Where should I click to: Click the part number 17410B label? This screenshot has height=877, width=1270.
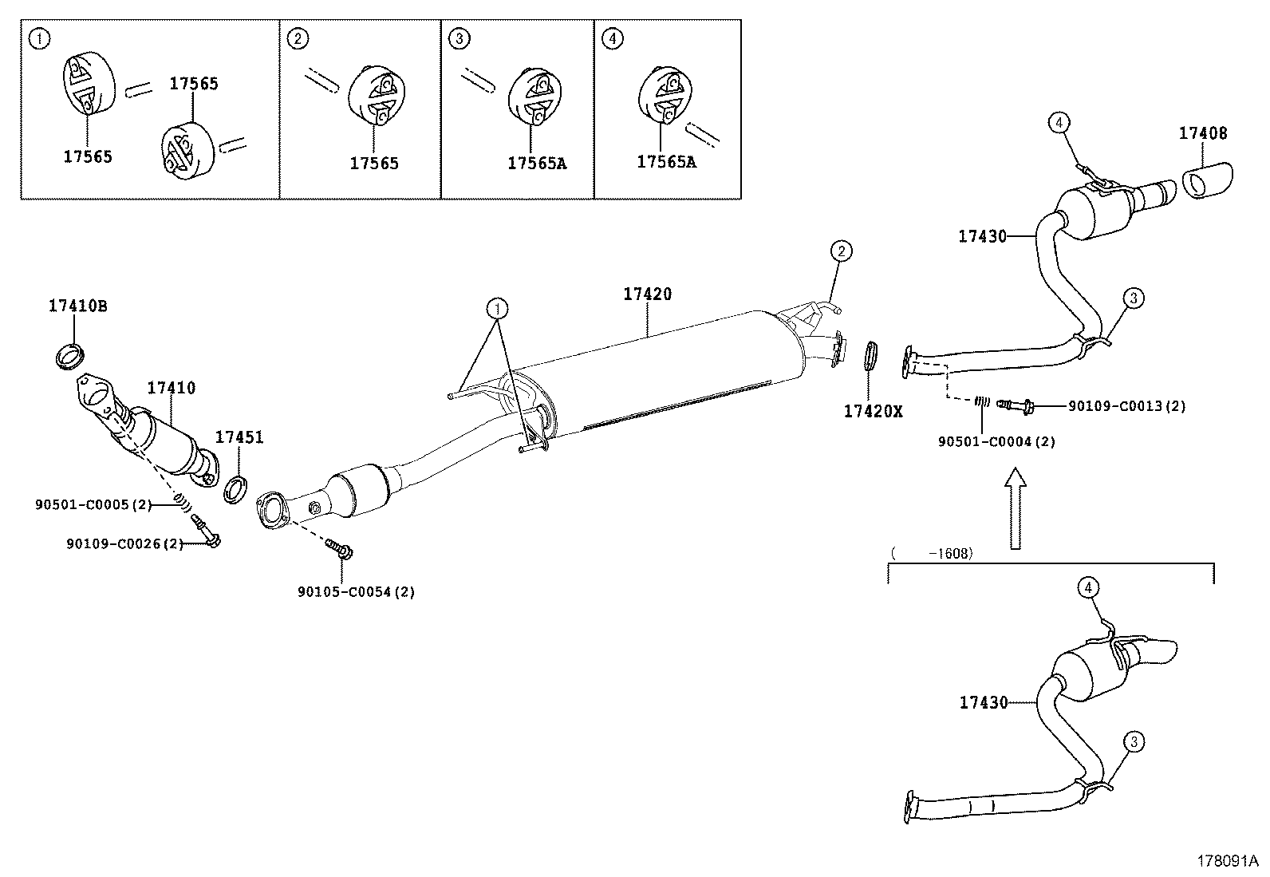(77, 305)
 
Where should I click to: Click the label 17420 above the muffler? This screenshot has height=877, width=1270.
(647, 294)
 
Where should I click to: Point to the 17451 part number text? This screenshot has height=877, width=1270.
(239, 437)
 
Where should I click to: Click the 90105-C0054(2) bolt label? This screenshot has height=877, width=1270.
(356, 591)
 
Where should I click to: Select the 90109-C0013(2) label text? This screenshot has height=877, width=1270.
(1126, 406)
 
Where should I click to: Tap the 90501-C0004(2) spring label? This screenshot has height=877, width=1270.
(996, 441)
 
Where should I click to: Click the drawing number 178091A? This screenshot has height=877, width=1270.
(1226, 861)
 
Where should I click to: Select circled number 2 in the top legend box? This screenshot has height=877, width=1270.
(298, 38)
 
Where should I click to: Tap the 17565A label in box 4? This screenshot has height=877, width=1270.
(666, 162)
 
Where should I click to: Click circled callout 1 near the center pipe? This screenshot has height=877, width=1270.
(497, 308)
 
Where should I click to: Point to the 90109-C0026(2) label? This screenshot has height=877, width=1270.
(125, 543)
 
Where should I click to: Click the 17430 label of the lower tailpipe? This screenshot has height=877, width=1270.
(983, 702)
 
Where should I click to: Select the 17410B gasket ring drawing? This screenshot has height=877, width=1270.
(70, 355)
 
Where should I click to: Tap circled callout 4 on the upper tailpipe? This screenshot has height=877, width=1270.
(1058, 122)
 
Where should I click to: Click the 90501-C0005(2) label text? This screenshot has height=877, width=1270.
(93, 504)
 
